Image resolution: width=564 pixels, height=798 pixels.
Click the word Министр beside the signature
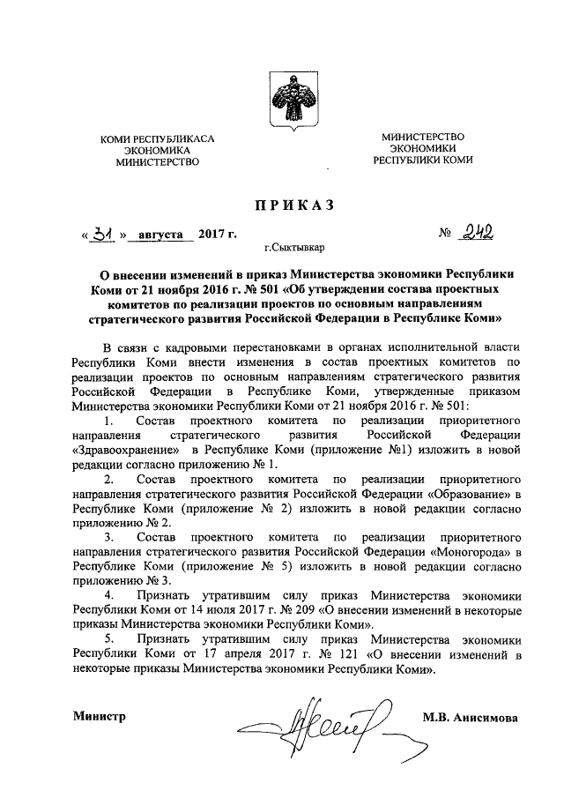click(100, 716)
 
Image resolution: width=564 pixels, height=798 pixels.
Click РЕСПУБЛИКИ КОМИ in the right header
click(423, 161)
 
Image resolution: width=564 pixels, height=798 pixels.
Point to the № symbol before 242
click(445, 235)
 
